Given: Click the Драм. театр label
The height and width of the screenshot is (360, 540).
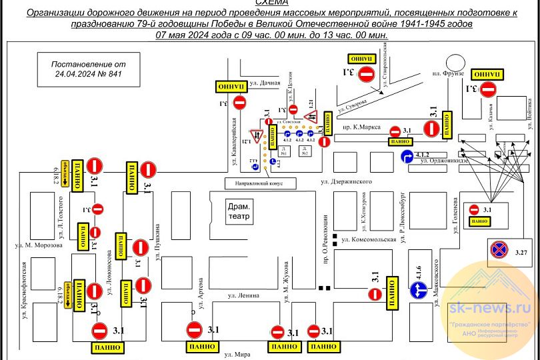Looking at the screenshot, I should pyautogui.click(x=239, y=211).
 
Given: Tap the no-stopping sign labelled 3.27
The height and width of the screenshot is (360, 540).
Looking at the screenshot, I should pyautogui.click(x=500, y=249).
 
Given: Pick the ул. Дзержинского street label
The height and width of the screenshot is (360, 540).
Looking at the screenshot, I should pyautogui.click(x=345, y=181).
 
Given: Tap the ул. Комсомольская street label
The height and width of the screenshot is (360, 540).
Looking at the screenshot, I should pyautogui.click(x=368, y=239).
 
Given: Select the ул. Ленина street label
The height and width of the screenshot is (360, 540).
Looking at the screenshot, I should pyautogui.click(x=243, y=294).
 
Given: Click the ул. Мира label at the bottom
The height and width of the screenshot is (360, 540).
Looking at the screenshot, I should pyautogui.click(x=237, y=354).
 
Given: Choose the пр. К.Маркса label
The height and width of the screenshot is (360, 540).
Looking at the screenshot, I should pyautogui.click(x=357, y=125).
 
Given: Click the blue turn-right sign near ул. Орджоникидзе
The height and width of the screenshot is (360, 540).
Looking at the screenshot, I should pyautogui.click(x=407, y=157).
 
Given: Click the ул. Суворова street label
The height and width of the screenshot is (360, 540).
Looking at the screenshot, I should pyautogui.click(x=352, y=105).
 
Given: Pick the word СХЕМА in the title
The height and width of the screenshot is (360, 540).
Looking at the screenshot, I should pyautogui.click(x=270, y=3).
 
